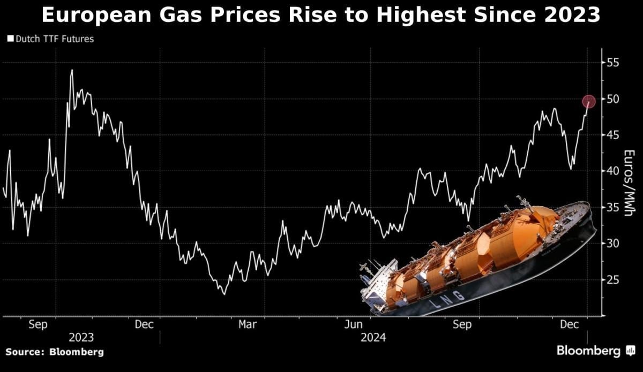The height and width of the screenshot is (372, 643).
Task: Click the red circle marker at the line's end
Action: click(x=588, y=101)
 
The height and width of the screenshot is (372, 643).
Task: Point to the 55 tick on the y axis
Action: click(x=613, y=63)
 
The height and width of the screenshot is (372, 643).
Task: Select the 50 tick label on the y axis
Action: click(x=613, y=99)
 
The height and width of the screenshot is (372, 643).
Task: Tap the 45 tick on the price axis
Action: click(x=613, y=135)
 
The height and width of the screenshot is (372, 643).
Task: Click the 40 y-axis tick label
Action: click(x=613, y=171)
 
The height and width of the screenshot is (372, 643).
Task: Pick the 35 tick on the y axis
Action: click(x=613, y=207)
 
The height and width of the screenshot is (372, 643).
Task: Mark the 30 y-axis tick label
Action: click(x=613, y=244)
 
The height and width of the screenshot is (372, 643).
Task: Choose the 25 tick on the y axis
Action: click(x=613, y=279)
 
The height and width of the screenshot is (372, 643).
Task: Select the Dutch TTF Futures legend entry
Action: click(x=50, y=39)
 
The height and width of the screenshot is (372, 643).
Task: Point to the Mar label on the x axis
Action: click(x=247, y=324)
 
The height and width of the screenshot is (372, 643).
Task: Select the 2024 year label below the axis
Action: click(x=373, y=338)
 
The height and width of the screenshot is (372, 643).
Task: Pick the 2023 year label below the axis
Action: click(x=81, y=338)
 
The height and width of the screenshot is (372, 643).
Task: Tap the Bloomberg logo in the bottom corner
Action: click(x=595, y=351)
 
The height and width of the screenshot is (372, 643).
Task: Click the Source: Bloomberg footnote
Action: click(x=54, y=352)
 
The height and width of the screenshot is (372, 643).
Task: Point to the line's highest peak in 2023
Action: click(x=72, y=70)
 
